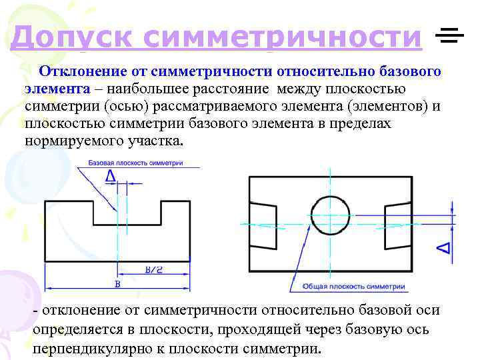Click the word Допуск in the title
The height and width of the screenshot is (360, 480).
click(69, 37)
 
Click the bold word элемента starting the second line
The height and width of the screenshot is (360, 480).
click(57, 89)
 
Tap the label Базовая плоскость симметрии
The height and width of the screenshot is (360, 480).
click(135, 163)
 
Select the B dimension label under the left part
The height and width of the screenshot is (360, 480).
click(117, 285)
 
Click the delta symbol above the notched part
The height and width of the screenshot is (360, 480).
click(111, 176)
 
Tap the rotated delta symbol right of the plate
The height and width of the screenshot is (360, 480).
click(443, 248)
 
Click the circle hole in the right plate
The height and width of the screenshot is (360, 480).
click(331, 215)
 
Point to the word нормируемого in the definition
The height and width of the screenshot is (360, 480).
click(63, 141)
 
